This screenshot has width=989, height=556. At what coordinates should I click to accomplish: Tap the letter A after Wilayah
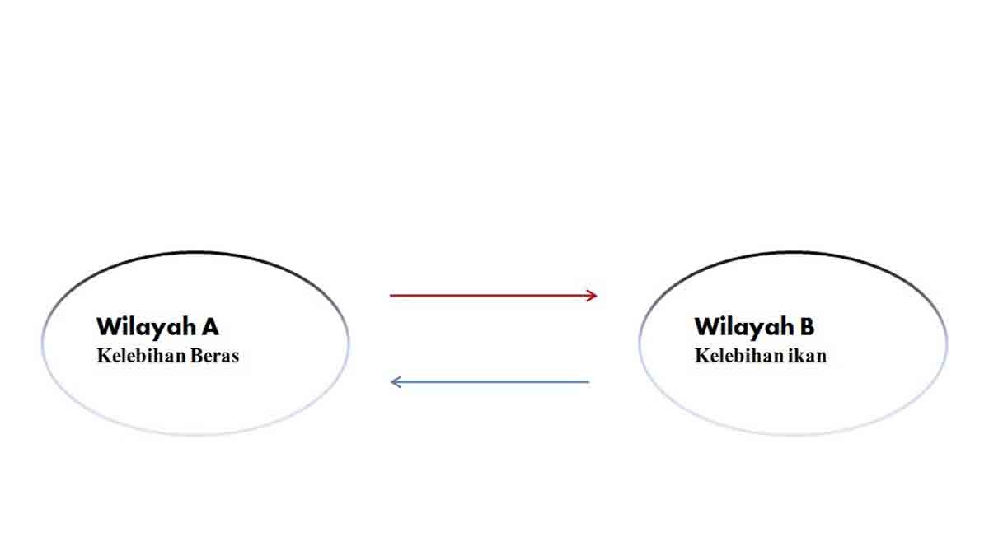pos(209,327)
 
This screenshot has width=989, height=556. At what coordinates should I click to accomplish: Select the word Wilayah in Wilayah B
pos(743,327)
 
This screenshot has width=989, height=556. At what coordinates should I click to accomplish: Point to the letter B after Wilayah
pos(806,327)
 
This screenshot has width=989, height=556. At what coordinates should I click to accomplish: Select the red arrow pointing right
pos(492,295)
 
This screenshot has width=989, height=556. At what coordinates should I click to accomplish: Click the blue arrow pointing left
pos(490,382)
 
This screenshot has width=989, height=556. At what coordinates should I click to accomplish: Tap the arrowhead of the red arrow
pos(592,295)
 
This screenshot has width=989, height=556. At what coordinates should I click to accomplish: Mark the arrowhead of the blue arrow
pos(395,382)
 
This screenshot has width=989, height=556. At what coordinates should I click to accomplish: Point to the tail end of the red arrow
pos(392,295)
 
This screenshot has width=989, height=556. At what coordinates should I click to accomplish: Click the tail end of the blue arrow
pos(587,382)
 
